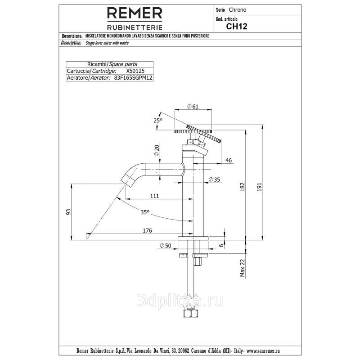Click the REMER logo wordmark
(135, 13)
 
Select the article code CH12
(237, 27)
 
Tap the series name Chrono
(238, 10)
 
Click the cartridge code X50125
(135, 71)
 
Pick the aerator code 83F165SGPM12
(133, 78)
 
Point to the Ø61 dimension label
(193, 107)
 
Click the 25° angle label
(158, 120)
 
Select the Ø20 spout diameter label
(157, 150)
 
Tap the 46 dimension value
(229, 160)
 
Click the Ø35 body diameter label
(215, 180)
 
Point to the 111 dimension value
(154, 196)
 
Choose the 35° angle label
(145, 212)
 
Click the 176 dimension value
(148, 230)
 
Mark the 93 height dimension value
(68, 212)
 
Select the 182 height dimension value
(243, 187)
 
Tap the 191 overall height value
(259, 187)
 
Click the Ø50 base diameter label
(166, 246)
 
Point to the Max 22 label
(243, 268)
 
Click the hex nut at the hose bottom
(190, 313)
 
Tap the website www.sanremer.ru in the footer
(263, 351)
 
